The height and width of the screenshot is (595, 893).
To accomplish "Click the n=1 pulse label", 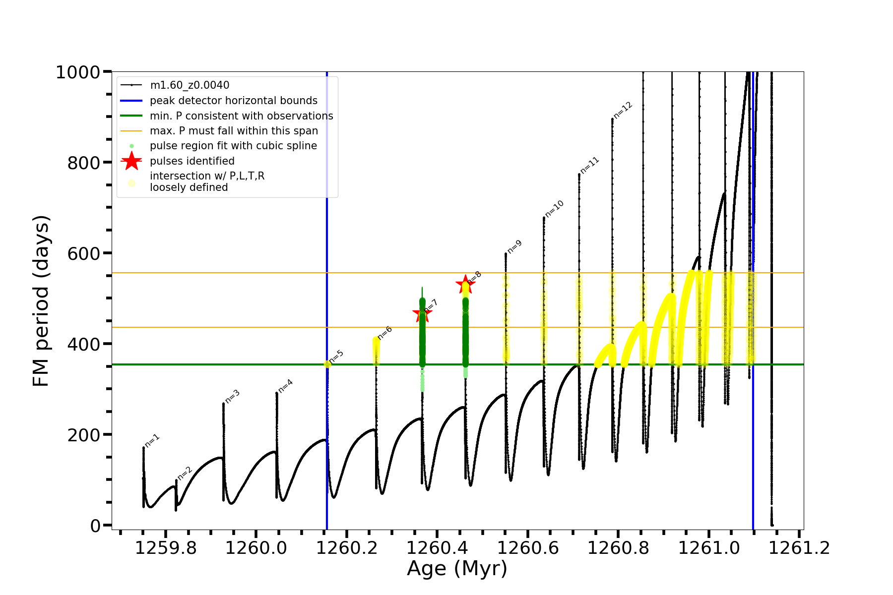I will pos(152,440).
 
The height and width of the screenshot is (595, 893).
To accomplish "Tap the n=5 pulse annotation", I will pos(336,356).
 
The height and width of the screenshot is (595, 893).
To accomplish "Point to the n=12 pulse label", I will pos(623,110).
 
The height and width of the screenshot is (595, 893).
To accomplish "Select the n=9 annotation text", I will pos(514,246).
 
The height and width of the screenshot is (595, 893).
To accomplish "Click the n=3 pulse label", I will pos(232,396).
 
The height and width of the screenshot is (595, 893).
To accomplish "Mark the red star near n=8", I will pos(465,284).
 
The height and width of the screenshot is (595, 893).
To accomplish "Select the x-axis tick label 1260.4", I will pos(437,548).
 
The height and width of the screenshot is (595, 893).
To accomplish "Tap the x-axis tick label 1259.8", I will pos(166,548).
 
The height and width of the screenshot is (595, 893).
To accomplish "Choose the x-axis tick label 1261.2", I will pos(799,548).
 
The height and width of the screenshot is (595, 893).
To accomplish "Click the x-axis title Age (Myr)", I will pos(457,569).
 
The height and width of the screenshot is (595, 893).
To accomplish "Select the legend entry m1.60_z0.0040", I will pos(190,85).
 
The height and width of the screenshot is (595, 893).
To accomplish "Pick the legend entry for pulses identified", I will pos(192,161).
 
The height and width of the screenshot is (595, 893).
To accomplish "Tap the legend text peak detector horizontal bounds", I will pos(234,101).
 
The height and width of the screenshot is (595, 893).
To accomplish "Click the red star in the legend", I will pos(131,161).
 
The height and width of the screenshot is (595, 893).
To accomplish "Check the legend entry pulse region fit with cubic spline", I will pos(233,146).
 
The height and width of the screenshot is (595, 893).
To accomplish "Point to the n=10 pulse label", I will pos(554,208).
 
